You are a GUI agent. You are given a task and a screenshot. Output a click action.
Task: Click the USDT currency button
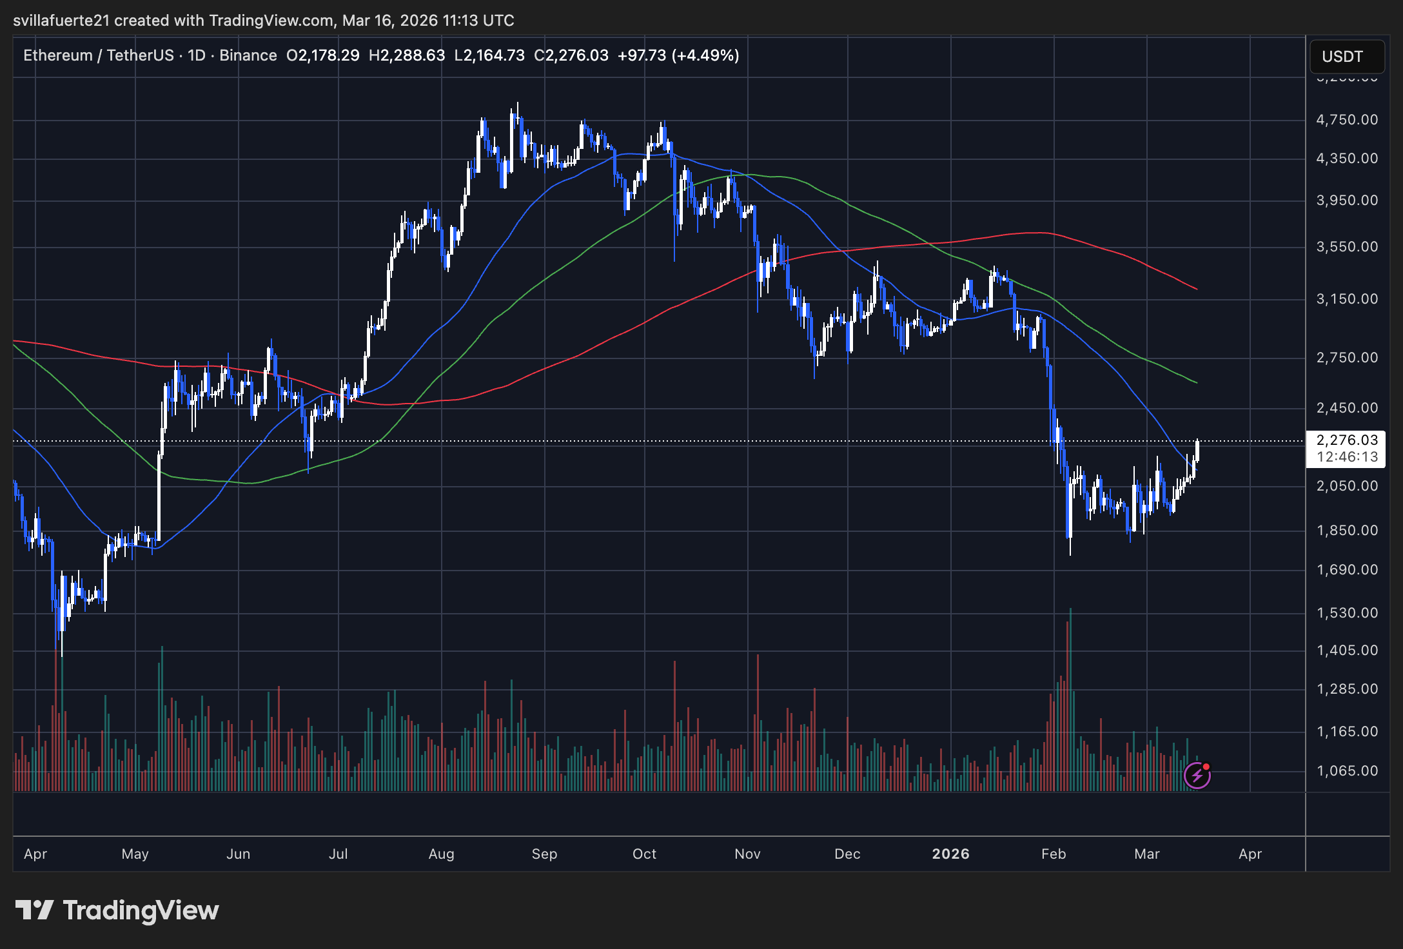coord(1346,57)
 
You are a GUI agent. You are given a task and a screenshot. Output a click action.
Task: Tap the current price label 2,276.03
coord(1346,440)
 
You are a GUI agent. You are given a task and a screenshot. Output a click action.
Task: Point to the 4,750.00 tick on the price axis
coord(1346,120)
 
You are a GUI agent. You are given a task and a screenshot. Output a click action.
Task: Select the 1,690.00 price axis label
coord(1346,570)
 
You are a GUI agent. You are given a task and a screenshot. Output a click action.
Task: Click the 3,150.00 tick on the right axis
coord(1346,299)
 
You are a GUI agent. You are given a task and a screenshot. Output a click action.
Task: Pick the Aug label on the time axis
coord(441,854)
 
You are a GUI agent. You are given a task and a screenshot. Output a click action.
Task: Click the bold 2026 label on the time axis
coord(950,854)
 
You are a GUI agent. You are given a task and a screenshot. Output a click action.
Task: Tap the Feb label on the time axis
coord(1054,854)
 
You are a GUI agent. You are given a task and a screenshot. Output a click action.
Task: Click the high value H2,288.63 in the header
coord(407,55)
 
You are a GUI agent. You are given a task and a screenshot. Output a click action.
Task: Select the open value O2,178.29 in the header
coord(322,55)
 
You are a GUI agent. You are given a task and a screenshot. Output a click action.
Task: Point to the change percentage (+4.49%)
coord(705,55)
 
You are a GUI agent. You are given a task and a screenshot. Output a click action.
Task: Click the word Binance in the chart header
coord(248,55)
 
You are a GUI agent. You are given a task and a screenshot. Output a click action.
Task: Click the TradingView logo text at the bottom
coord(141,910)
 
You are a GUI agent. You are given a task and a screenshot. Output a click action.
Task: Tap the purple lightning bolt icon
coord(1197,775)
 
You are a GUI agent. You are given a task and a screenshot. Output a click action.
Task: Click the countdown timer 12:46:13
coord(1346,457)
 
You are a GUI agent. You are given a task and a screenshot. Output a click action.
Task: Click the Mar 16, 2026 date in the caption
coord(391,21)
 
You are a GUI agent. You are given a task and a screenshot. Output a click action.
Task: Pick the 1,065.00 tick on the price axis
coord(1346,771)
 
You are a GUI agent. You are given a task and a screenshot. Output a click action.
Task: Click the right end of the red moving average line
coord(1196,289)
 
